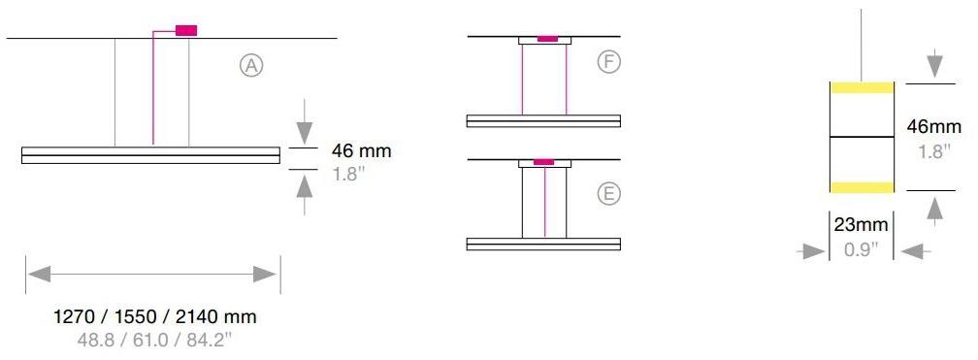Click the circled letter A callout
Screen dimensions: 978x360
251,65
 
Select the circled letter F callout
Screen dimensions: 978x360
608,61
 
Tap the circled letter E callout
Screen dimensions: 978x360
608,193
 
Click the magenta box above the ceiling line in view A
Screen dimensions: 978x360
186,30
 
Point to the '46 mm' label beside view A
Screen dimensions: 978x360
361,151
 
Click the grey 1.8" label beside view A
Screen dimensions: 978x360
347,174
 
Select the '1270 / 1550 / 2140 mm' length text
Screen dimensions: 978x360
155,317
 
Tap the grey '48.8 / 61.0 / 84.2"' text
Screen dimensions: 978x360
154,340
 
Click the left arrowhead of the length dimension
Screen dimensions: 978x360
39,274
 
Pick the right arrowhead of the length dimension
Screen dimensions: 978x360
265,274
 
